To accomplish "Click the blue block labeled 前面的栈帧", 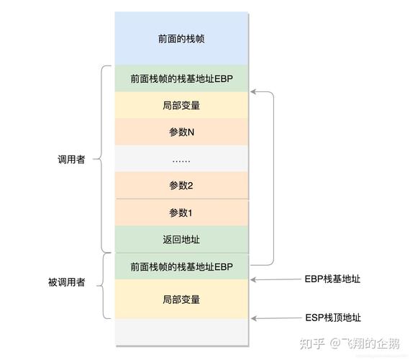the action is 181,38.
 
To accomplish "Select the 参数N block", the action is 181,132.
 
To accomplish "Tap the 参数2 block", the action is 181,185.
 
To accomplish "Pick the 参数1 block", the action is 181,212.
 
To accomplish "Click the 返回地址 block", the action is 181,240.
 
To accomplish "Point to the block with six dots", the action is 181,158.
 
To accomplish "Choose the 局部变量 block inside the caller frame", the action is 181,105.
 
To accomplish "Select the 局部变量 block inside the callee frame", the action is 181,299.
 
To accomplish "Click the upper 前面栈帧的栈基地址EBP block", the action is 181,78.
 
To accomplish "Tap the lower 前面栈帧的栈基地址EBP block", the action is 181,266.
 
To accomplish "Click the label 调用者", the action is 71,159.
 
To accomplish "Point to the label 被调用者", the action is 67,282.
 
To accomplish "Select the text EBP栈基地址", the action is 332,279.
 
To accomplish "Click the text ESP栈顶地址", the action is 333,318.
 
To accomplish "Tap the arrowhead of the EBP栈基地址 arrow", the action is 252,279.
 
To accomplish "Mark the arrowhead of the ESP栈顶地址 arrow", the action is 253,318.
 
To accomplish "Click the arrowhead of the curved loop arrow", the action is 252,91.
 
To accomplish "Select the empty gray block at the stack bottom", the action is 181,332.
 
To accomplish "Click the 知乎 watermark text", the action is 312,343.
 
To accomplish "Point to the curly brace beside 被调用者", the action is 103,286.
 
